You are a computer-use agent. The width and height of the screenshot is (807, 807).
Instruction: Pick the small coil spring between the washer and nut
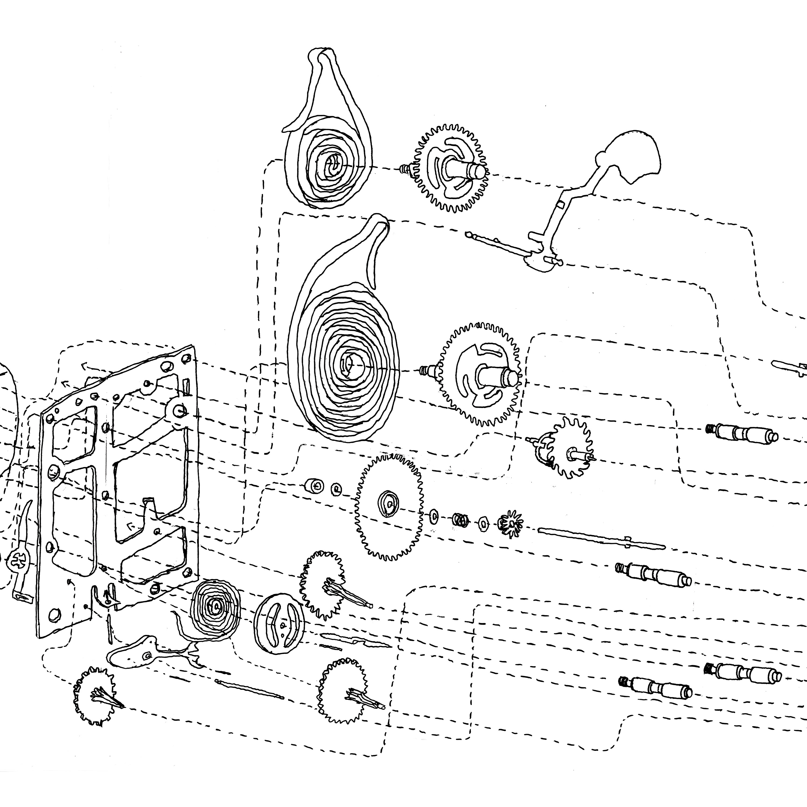(459, 520)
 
